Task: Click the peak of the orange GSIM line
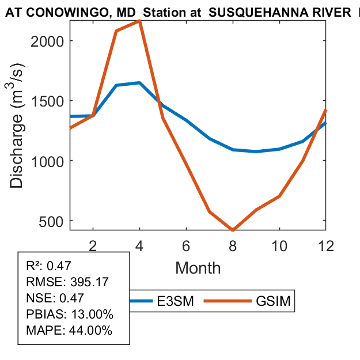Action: click(x=140, y=21)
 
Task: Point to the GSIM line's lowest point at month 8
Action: click(x=233, y=230)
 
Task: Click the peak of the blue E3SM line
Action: click(x=139, y=83)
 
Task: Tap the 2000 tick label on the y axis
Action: click(x=51, y=41)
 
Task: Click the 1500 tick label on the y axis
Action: click(x=51, y=101)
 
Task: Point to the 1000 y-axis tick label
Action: click(x=51, y=161)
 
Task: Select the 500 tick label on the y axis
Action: click(x=55, y=221)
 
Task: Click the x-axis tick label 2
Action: click(x=93, y=246)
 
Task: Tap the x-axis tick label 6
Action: click(x=186, y=246)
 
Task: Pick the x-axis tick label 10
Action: click(x=279, y=246)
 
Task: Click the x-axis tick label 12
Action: click(x=325, y=246)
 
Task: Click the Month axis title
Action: click(x=198, y=267)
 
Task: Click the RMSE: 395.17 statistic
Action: click(x=68, y=282)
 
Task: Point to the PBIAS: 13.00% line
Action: click(x=70, y=314)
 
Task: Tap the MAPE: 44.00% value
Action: click(x=69, y=331)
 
